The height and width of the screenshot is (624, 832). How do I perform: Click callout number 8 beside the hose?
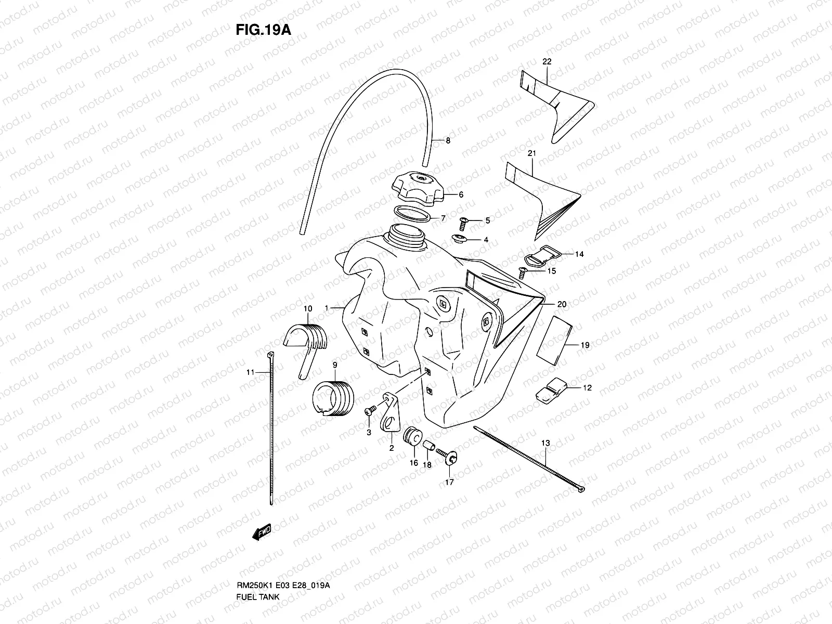coord(448,140)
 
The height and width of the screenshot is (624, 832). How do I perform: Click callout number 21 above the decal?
coord(531,153)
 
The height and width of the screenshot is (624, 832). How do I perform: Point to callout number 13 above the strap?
coord(545,443)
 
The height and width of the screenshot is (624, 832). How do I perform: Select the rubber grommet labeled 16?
coord(412,436)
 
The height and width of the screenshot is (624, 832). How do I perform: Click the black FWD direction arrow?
coord(262,532)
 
